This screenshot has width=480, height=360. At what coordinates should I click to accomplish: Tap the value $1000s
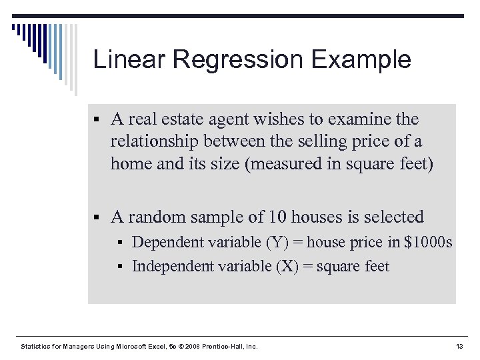point(428,243)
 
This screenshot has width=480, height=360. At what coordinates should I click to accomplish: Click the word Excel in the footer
point(161,346)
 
